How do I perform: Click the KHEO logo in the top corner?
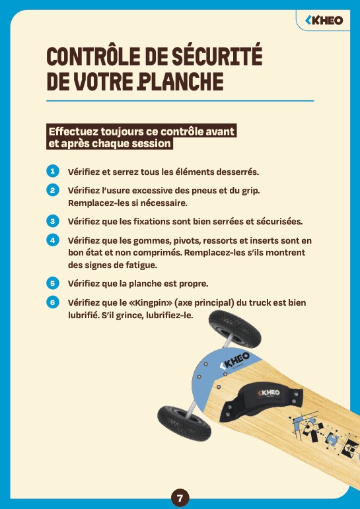324,20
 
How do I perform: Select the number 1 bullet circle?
53,171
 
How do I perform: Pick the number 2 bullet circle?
53,190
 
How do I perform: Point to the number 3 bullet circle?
53,221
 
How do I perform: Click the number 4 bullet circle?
53,240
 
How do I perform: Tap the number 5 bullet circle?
53,283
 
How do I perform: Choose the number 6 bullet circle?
53,302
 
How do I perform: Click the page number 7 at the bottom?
180,497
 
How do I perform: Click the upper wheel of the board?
234,329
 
